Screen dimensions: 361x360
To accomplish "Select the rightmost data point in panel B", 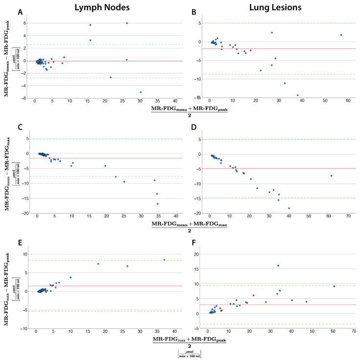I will click(x=341, y=35).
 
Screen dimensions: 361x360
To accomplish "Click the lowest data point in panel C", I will click(x=157, y=204).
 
